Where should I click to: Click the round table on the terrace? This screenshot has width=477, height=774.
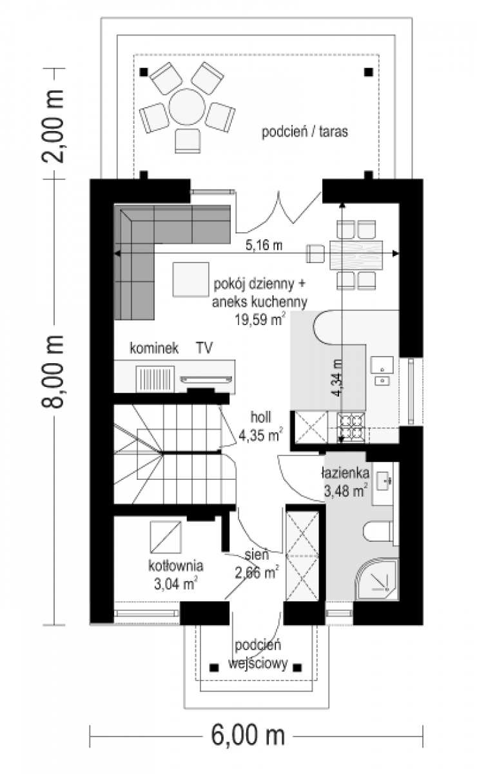(x=186, y=107)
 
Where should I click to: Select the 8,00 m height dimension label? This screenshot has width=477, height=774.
(x=53, y=372)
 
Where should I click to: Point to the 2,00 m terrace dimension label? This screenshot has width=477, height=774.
(x=53, y=126)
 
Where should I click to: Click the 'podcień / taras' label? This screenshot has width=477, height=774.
(x=305, y=132)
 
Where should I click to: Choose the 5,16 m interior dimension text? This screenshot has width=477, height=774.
(x=264, y=245)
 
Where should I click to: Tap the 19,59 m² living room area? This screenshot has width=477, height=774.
(x=260, y=319)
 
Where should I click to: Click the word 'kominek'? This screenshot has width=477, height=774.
(x=154, y=348)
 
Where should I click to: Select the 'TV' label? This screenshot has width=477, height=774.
(x=204, y=348)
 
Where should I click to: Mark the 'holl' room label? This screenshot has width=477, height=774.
(x=261, y=417)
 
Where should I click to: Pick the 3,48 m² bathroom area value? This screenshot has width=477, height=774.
(x=346, y=491)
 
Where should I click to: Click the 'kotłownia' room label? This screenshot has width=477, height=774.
(x=176, y=566)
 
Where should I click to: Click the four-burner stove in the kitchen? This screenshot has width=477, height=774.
(x=351, y=428)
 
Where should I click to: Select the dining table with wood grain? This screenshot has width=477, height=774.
(x=356, y=255)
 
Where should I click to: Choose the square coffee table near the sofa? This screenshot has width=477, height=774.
(x=191, y=279)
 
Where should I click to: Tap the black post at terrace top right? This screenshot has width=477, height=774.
(x=369, y=72)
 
